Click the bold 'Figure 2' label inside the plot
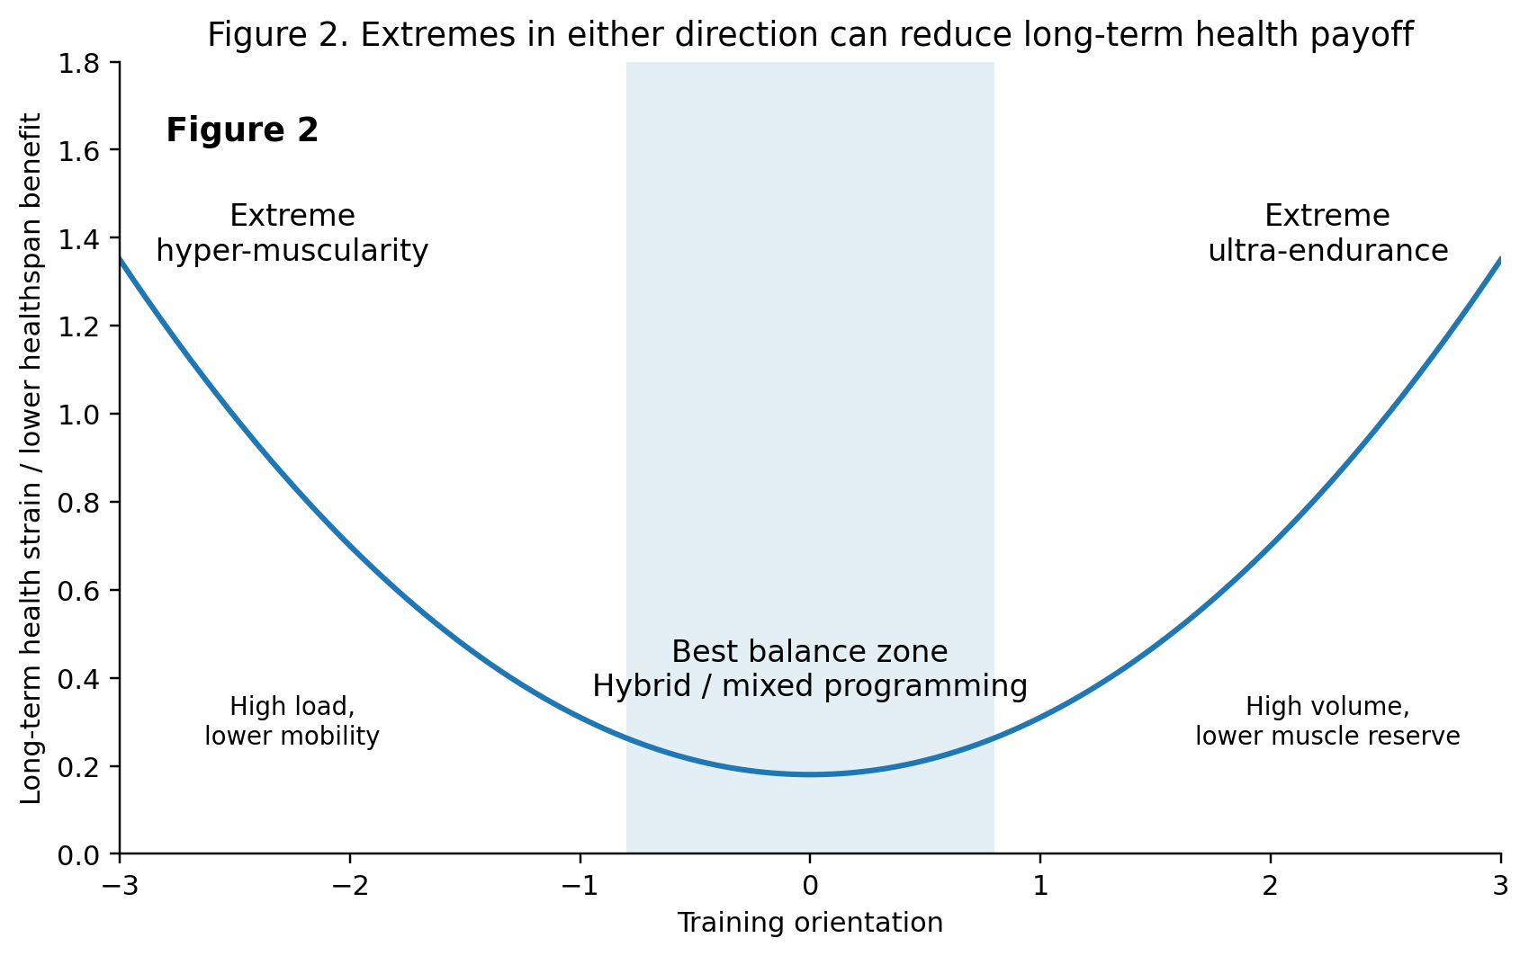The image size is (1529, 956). (242, 131)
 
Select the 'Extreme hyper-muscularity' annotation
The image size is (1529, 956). (292, 234)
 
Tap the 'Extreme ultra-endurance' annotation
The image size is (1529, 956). (1327, 234)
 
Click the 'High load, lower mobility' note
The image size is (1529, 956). (292, 722)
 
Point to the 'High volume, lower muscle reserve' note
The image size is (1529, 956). (1327, 722)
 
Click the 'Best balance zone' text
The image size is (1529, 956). (810, 652)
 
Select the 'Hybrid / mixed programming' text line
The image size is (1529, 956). (810, 687)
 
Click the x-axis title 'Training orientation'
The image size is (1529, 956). (810, 924)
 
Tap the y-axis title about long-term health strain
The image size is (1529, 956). (31, 459)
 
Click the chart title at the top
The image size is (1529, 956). (810, 36)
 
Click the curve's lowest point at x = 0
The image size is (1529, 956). (810, 774)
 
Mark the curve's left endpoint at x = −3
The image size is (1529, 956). (121, 259)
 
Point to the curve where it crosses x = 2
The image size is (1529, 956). (1271, 546)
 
